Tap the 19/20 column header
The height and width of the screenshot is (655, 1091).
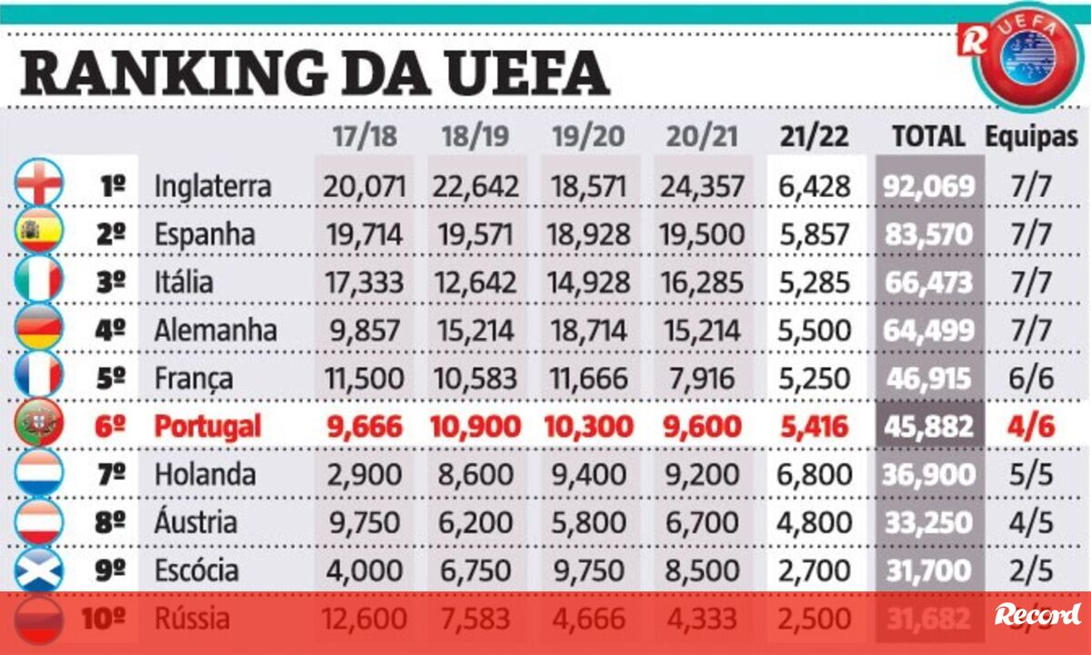tap(588, 136)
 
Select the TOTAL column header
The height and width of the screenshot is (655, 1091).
tap(928, 136)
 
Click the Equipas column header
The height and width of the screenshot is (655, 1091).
tap(1032, 136)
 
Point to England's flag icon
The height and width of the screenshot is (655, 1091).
tap(39, 184)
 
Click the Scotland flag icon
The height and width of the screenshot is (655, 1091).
tap(39, 570)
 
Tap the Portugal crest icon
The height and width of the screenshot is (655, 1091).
tap(39, 425)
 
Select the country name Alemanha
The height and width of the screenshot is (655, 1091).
tap(215, 329)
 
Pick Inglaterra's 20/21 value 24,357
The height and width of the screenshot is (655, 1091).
tap(699, 186)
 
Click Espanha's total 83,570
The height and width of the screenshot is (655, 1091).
tap(928, 234)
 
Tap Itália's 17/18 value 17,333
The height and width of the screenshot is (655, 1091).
tap(364, 282)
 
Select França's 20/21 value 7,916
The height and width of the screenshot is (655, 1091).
tap(699, 378)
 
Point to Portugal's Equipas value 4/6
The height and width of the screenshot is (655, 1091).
tap(1032, 426)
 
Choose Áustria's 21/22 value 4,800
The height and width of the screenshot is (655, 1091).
tap(815, 522)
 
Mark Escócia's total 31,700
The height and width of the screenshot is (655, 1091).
tap(928, 571)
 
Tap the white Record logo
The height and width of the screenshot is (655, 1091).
tap(1037, 614)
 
